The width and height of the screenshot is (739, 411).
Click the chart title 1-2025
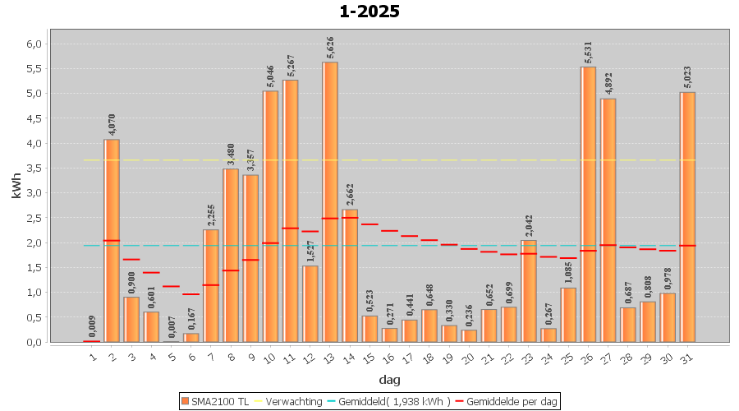click(x=369, y=12)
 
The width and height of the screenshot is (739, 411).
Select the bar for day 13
click(x=330, y=201)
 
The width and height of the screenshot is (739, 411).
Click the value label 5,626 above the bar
click(x=330, y=48)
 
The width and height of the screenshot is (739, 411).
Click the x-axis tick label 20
click(x=467, y=357)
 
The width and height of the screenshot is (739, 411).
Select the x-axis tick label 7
click(x=210, y=357)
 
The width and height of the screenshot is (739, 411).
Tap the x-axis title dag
click(x=389, y=380)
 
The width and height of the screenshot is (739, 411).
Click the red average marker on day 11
click(x=290, y=229)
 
